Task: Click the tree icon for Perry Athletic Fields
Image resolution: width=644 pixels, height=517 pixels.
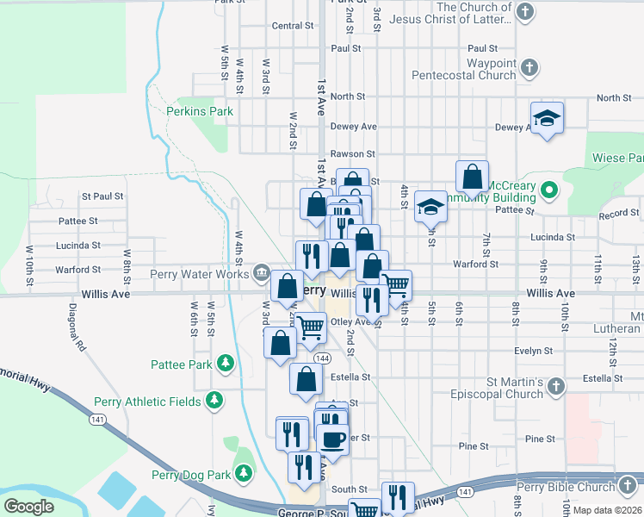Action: pyautogui.click(x=214, y=401)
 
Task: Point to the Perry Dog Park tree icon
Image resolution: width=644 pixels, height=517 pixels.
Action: pyautogui.click(x=245, y=474)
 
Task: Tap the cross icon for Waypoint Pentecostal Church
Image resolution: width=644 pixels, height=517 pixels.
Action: pyautogui.click(x=530, y=65)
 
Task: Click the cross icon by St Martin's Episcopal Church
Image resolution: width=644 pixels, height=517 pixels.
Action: pyautogui.click(x=557, y=387)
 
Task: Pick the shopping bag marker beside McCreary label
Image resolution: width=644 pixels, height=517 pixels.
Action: pyautogui.click(x=472, y=178)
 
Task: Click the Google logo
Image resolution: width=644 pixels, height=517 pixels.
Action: pyautogui.click(x=28, y=506)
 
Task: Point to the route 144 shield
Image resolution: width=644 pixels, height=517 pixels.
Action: pyautogui.click(x=322, y=358)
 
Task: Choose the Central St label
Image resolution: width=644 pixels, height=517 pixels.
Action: pyautogui.click(x=293, y=26)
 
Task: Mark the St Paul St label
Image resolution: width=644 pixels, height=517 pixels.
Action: pyautogui.click(x=102, y=196)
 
